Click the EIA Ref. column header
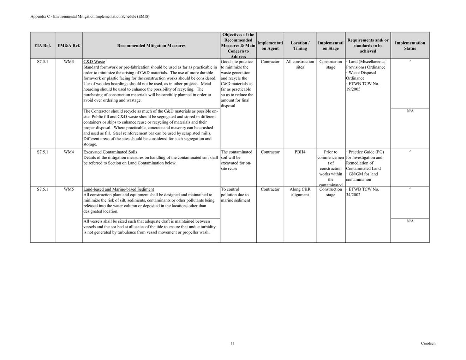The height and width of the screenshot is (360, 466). (42, 46)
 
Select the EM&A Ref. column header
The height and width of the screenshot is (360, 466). (69, 46)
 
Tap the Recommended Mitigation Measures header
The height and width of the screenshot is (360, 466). (151, 46)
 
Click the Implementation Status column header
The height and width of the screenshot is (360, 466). (410, 46)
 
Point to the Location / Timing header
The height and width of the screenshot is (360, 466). (300, 46)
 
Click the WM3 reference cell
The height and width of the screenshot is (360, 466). (69, 62)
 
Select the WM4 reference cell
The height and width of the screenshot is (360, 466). (69, 152)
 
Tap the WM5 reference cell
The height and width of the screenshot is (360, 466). (69, 190)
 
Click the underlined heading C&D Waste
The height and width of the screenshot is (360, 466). (94, 62)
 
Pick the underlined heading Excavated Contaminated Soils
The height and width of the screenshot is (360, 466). (110, 152)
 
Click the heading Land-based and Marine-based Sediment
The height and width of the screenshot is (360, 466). (119, 190)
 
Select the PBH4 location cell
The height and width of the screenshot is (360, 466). (300, 152)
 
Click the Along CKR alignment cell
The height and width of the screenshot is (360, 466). (300, 192)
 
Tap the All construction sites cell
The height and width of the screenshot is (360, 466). (300, 64)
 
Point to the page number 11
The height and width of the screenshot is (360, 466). (233, 343)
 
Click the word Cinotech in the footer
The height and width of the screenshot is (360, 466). (428, 343)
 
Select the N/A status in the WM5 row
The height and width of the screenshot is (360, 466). (410, 221)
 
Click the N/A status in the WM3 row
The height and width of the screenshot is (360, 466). (410, 111)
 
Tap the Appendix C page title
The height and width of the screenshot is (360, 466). (90, 17)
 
